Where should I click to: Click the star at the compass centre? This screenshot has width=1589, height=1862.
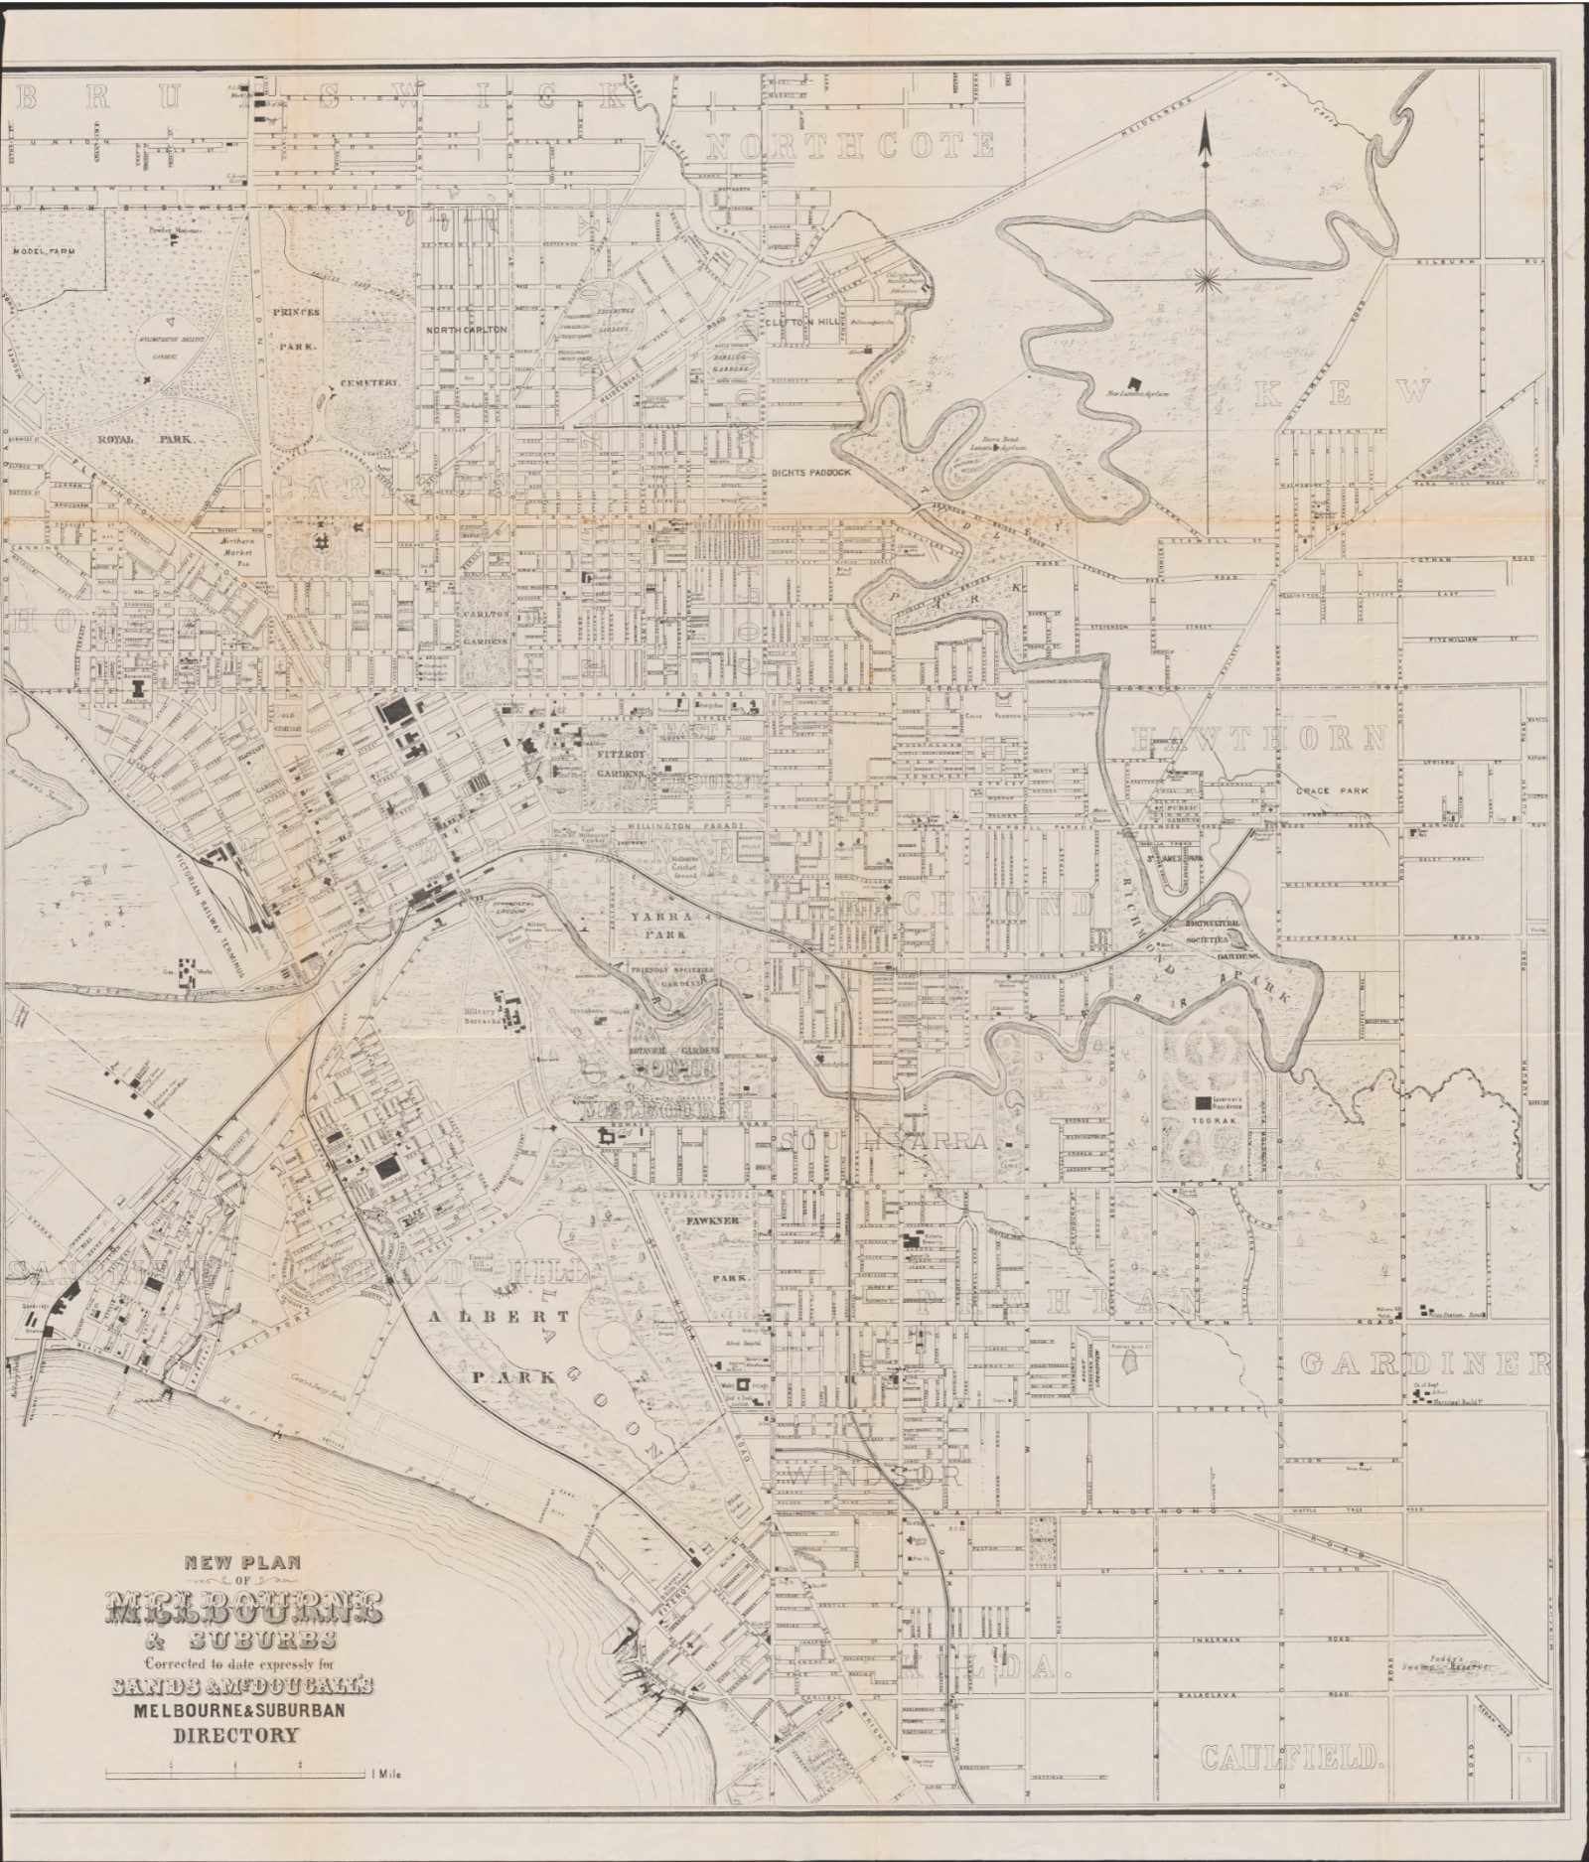pyautogui.click(x=1208, y=282)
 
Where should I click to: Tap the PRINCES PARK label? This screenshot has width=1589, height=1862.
pyautogui.click(x=298, y=331)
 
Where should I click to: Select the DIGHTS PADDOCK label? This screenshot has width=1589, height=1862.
pyautogui.click(x=810, y=473)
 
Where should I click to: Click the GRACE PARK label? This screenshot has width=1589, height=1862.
pyautogui.click(x=1330, y=791)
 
